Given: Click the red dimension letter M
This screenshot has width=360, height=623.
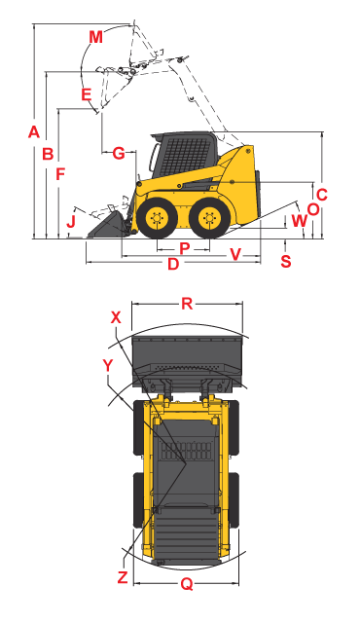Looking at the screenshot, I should click(94, 37).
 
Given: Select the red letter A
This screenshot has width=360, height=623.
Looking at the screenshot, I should click(33, 131).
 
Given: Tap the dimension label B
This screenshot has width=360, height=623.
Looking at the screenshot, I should click(47, 153).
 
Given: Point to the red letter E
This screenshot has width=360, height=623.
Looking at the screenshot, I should click(86, 94).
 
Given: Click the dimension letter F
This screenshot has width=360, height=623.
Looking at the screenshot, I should click(60, 175).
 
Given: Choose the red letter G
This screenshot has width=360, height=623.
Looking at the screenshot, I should click(118, 153).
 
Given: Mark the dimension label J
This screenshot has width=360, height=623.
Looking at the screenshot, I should click(70, 223).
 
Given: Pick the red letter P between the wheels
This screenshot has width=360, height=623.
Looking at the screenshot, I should click(184, 248).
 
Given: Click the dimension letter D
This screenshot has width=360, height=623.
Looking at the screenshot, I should click(173, 264).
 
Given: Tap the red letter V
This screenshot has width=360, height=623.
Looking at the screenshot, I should click(235, 255).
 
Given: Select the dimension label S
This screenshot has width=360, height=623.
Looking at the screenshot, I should click(285, 261).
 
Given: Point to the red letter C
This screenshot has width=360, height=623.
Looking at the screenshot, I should click(322, 194).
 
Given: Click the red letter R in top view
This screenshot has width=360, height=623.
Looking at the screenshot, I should click(187, 304).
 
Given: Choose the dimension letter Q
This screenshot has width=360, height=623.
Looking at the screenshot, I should click(187, 584).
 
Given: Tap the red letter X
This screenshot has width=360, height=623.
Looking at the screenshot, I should click(116, 317).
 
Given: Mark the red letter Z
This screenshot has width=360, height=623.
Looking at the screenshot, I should click(123, 577).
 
